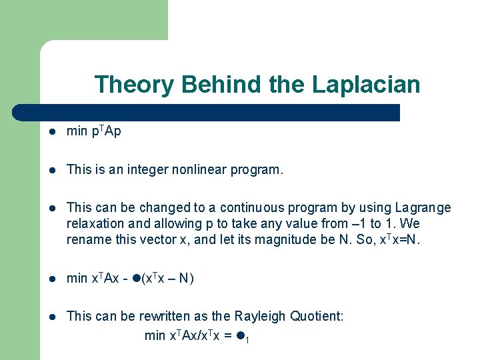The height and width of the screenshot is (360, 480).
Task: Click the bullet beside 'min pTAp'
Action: (51, 132)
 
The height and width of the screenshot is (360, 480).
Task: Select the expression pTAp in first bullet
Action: (105, 131)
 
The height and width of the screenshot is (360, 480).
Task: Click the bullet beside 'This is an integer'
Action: (51, 171)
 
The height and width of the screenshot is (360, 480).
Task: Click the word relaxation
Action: (95, 224)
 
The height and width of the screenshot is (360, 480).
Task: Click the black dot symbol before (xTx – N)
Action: (136, 279)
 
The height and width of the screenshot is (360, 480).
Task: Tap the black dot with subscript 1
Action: (239, 335)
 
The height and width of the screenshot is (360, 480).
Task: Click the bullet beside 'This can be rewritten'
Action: (51, 317)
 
